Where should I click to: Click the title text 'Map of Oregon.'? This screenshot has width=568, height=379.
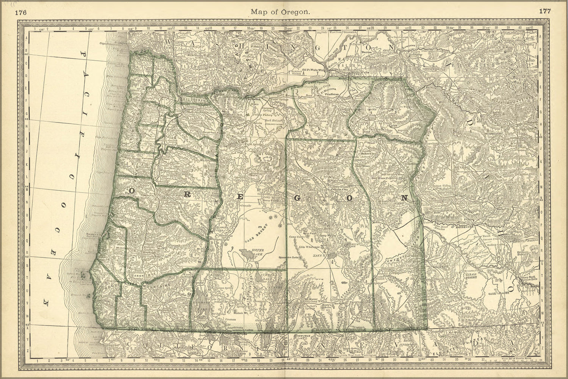(281, 12)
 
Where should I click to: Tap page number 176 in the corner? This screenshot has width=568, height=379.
(20, 11)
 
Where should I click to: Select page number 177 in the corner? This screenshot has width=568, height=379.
(545, 11)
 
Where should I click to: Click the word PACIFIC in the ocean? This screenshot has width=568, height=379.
(86, 95)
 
